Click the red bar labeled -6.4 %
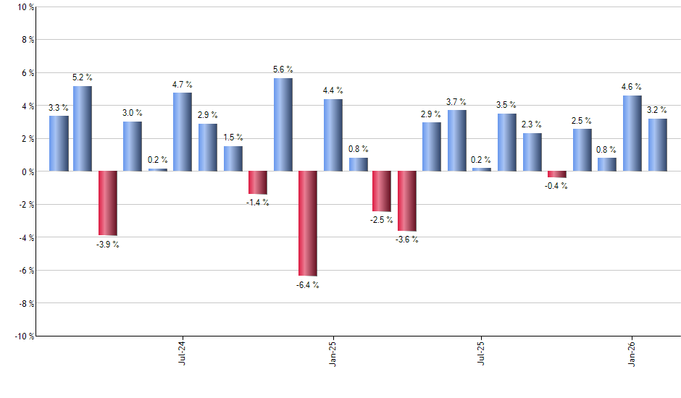pos(308,224)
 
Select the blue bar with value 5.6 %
pos(283,124)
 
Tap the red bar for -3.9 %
pos(108,203)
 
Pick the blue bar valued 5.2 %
pos(83,129)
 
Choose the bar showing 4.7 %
pos(183,132)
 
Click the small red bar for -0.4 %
pos(557,174)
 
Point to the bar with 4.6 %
pos(632,133)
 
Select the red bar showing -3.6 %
pos(407,201)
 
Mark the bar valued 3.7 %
pos(457,140)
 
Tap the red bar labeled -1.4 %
pos(258,183)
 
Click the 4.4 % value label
pos(333,90)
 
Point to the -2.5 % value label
pos(382,221)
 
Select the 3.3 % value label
pos(59,108)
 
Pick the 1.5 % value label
pos(233,137)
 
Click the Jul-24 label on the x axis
pos(183,353)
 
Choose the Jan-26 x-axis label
pos(632,353)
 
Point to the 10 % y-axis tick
pos(25,7)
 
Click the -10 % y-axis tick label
pos(23,336)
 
